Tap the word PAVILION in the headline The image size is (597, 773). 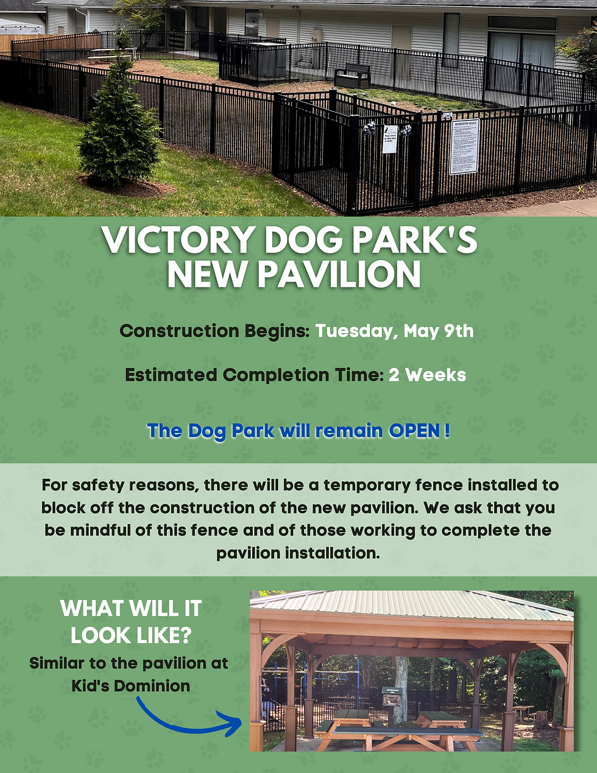[x=339, y=275]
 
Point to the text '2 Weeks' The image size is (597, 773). [x=427, y=375]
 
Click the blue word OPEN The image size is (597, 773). [x=414, y=431]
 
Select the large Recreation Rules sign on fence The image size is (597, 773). [x=464, y=147]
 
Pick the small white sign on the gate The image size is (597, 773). [x=390, y=139]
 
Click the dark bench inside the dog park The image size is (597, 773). [x=351, y=76]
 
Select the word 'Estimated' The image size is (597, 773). [x=171, y=375]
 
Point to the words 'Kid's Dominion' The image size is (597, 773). [x=130, y=685]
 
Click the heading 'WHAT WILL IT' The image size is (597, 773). [x=130, y=608]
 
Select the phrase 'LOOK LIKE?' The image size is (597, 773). [x=130, y=635]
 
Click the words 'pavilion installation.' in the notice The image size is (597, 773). [x=298, y=553]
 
